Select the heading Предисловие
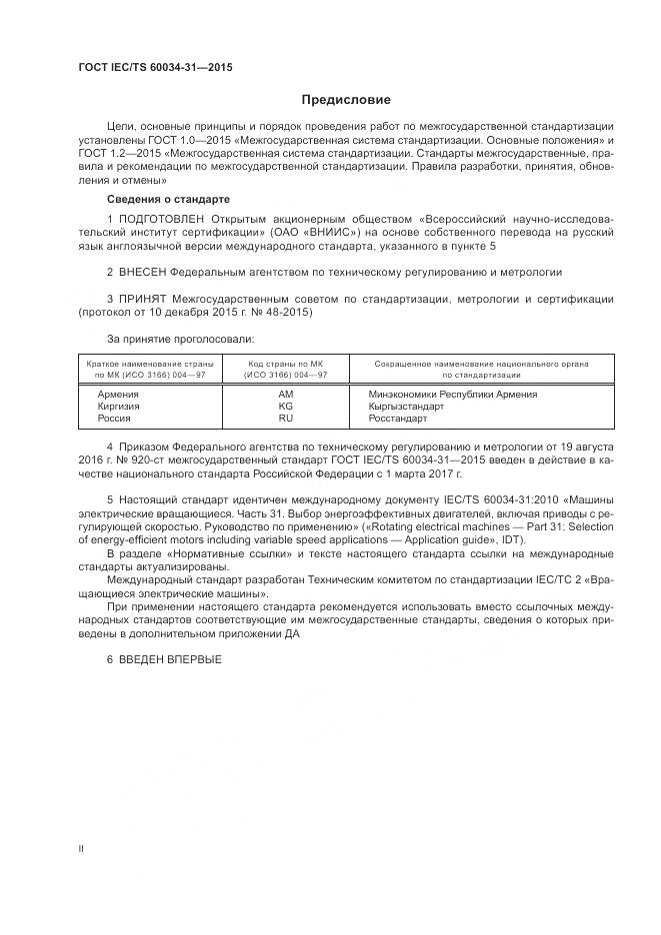tap(346, 100)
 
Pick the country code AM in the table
tap(285, 395)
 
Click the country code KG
tap(285, 407)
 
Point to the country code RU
tap(285, 419)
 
